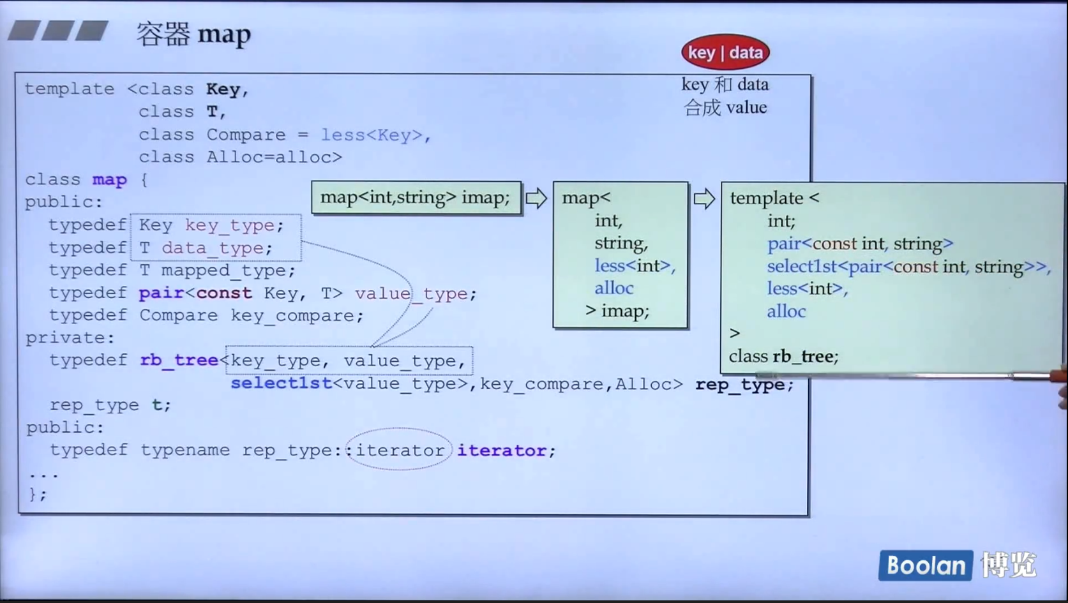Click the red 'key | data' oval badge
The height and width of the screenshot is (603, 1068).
click(725, 52)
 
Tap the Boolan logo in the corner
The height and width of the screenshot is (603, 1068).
click(925, 565)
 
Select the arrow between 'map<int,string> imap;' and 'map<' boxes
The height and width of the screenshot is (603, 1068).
click(536, 198)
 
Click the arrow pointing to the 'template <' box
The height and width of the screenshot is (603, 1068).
click(704, 199)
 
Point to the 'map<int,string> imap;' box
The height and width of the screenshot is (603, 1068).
click(416, 198)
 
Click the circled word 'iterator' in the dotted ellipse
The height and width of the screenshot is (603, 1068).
click(400, 450)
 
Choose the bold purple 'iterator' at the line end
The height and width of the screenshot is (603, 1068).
click(502, 450)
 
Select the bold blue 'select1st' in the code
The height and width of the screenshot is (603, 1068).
click(281, 383)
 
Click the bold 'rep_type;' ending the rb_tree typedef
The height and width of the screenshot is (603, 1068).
click(744, 385)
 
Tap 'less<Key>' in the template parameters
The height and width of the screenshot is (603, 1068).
click(372, 135)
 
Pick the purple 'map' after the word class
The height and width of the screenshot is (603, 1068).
click(109, 180)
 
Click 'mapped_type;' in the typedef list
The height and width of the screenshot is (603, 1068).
click(228, 271)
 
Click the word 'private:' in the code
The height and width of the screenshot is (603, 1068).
click(70, 338)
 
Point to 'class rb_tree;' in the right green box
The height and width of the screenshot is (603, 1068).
click(783, 356)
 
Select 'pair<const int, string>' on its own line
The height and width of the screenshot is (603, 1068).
click(860, 244)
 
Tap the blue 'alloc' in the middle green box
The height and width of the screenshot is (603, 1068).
click(613, 288)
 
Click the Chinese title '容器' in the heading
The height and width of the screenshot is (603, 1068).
click(163, 34)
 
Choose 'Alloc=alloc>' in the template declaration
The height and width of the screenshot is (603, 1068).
click(274, 157)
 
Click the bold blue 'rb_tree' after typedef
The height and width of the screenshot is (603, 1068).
click(179, 361)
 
